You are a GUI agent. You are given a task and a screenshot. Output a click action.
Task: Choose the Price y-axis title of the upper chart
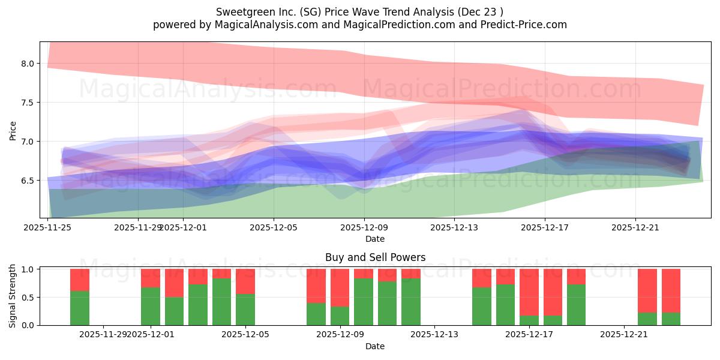pos(13,130)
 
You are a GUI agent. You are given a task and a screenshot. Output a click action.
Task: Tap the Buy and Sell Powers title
pos(375,257)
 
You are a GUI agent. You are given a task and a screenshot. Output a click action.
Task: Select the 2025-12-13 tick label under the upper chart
pos(455,227)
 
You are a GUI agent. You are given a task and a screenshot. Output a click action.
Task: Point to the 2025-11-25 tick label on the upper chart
pos(48,227)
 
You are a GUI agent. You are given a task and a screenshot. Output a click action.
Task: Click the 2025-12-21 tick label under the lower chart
pos(625,334)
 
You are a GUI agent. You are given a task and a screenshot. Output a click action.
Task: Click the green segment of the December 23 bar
pos(671,319)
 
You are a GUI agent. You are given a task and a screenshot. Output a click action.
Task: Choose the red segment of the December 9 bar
pos(340,287)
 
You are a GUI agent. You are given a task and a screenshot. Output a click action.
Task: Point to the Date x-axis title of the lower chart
pos(375,346)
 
